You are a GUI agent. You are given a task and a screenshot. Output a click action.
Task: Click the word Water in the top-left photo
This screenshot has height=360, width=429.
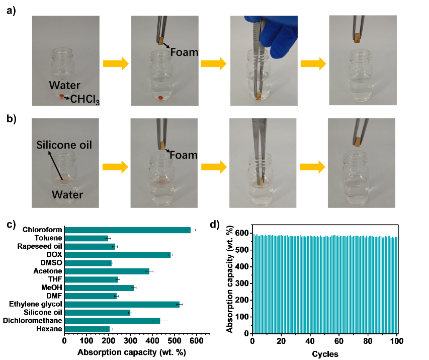coord(64,85)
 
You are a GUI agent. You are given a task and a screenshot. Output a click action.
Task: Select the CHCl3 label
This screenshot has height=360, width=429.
coord(85,99)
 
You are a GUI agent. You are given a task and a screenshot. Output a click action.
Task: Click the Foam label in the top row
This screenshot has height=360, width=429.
coord(184,52)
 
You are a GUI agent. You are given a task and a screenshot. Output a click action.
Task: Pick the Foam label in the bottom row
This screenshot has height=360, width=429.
coord(184,155)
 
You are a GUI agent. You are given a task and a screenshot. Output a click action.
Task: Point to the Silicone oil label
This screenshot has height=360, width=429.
coord(64,146)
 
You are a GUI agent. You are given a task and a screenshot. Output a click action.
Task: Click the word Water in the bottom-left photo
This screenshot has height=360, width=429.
coord(67,194)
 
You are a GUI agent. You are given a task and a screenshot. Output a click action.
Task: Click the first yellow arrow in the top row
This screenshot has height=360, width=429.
coord(116,63)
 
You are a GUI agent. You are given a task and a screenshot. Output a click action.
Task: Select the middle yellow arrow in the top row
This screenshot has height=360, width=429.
coord(214,63)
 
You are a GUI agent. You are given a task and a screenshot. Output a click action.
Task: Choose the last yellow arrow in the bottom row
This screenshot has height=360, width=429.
coord(312,167)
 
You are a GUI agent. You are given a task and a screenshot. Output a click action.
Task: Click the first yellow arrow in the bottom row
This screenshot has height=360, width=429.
coord(115,167)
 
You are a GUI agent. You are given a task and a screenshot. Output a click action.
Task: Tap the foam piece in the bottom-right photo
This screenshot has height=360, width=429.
coord(359,142)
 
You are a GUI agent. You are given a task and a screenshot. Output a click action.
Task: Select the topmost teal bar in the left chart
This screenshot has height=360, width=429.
coord(127,230)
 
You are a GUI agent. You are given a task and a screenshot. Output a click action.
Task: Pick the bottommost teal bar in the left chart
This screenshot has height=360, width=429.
coord(87,329)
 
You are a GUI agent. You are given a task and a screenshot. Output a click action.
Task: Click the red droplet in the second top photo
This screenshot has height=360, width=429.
coord(160,98)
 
